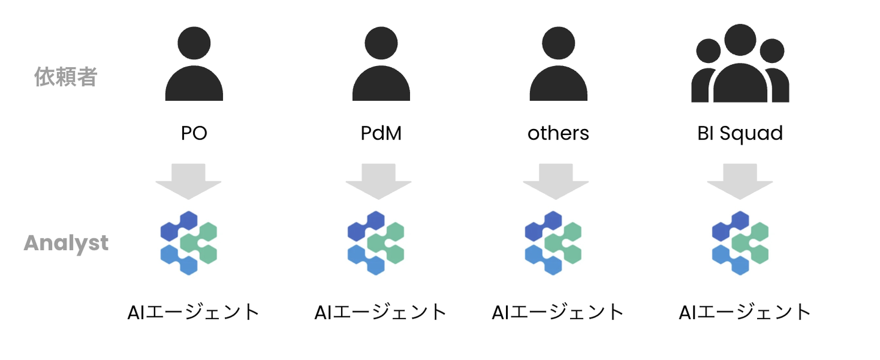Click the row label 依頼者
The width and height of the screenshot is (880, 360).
coord(65,76)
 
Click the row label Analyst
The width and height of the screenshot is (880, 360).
coord(66,243)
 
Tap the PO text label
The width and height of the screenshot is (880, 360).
coord(194,133)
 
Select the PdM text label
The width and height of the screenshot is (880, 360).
coord(381,133)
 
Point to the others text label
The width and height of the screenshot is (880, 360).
coord(559,133)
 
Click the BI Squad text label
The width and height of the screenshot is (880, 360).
coord(740,134)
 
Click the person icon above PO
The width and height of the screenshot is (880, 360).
coord(194,64)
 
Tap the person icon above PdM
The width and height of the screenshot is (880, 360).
coord(381,64)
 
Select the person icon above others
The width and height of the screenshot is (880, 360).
coord(559,64)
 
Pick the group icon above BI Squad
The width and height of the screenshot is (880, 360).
coord(740,63)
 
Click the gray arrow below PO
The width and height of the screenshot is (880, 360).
coord(189,182)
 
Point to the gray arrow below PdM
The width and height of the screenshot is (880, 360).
coord(379,182)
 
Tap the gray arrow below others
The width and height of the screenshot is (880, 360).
coord(556,182)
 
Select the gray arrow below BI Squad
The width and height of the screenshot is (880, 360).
coord(740,182)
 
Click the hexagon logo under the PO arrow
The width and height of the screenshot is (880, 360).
coord(189,243)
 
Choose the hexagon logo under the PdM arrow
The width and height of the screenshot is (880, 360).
coord(376,243)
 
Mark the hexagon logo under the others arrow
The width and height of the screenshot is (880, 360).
coord(553,243)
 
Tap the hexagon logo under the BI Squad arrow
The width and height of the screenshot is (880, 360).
coord(740,243)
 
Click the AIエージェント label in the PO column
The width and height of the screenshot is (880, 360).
coord(193,312)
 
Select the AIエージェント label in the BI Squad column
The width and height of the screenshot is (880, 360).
coord(745,312)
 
